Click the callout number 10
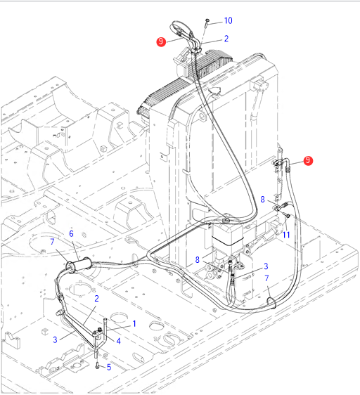[228, 20]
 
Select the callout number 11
[286, 235]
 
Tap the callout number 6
[71, 234]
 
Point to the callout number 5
[109, 367]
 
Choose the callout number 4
[118, 341]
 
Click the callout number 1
[134, 323]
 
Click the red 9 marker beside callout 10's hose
[161, 41]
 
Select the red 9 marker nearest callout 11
[308, 160]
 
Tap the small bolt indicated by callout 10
[207, 22]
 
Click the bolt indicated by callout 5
[97, 365]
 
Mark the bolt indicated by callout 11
[287, 215]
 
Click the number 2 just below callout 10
[226, 39]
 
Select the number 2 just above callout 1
[96, 299]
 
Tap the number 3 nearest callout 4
[55, 339]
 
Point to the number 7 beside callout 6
[52, 242]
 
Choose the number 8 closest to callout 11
[262, 200]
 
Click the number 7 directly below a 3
[266, 278]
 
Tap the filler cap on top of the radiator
[214, 91]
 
